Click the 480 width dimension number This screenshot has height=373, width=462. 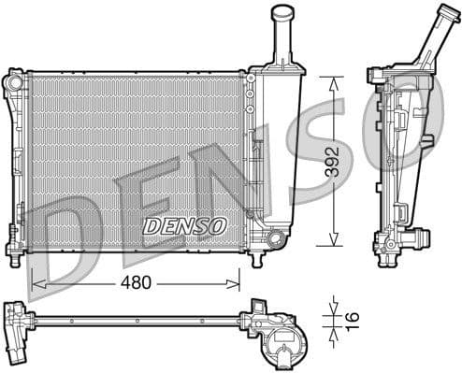[x=135, y=281]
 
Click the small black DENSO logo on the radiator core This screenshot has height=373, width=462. [x=184, y=225]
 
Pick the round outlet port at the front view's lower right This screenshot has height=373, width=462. [x=274, y=239]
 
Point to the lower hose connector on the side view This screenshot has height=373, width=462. [x=390, y=245]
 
